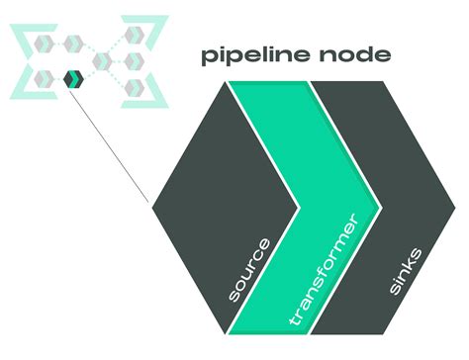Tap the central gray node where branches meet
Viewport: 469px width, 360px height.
tap(100, 62)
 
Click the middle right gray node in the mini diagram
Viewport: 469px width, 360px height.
tap(131, 61)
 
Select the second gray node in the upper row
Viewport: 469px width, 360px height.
tap(72, 42)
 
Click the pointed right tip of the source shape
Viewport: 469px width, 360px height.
tap(298, 207)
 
